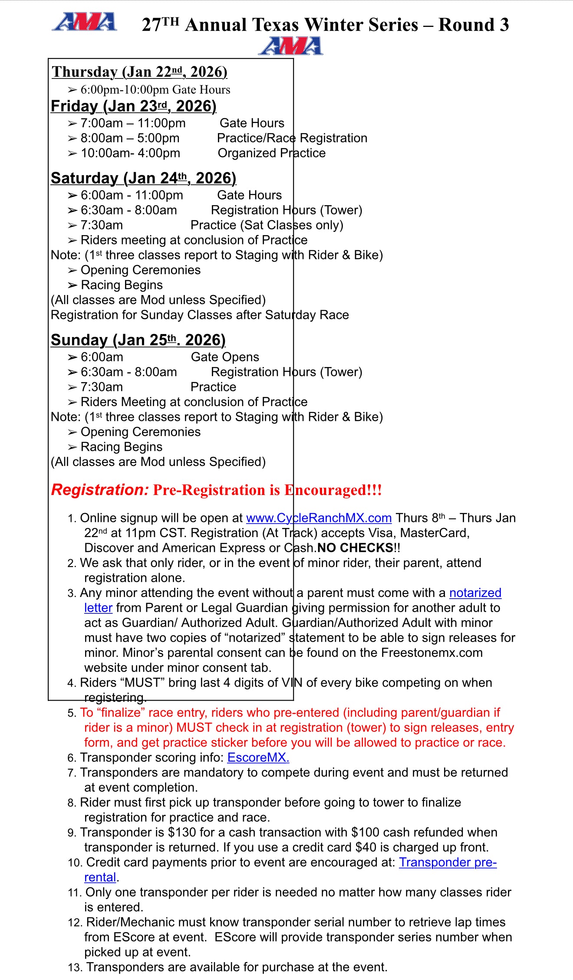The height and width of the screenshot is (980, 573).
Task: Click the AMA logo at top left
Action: coord(84,22)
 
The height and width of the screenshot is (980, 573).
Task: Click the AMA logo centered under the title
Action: coord(290,46)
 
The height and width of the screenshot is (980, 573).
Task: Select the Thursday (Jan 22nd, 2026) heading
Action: coord(139,72)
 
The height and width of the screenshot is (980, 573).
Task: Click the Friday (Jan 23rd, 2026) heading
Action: coord(133,106)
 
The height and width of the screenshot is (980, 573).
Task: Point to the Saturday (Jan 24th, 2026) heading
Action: coord(143,178)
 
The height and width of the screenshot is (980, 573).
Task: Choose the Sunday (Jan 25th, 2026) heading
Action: coord(138,340)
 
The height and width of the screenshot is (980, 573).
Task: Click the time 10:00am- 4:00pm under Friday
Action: coord(130,153)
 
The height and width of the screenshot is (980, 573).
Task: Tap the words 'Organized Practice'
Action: coord(271,153)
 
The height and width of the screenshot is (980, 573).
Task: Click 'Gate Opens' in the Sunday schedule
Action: coord(225,357)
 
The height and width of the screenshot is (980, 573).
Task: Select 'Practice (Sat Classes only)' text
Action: coord(267,225)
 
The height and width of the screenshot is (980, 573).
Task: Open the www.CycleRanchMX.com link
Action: coord(319,518)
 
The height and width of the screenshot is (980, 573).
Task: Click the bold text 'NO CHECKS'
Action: coord(355,548)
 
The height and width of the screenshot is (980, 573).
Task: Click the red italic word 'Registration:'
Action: coord(100,490)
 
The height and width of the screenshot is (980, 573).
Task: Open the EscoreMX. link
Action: coord(258,757)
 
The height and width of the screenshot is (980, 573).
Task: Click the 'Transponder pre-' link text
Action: coord(448,862)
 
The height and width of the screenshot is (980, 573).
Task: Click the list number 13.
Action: coord(75,967)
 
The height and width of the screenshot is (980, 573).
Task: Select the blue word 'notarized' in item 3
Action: coord(475,593)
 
